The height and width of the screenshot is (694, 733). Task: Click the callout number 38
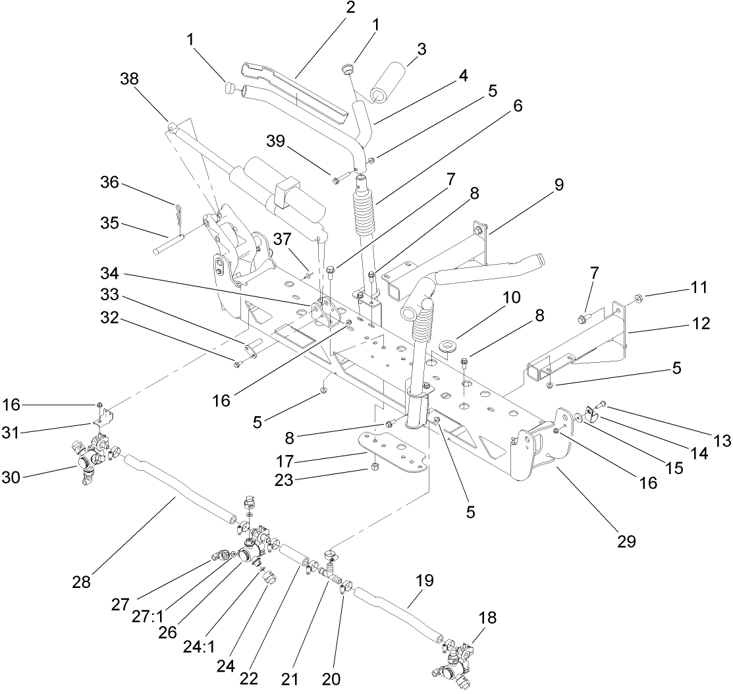click(130, 78)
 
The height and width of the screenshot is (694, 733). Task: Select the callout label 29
click(626, 541)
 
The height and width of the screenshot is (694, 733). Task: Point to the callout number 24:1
click(198, 647)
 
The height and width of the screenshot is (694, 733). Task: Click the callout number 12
click(700, 323)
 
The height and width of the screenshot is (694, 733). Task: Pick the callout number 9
click(559, 184)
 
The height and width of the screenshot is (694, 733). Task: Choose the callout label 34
click(109, 273)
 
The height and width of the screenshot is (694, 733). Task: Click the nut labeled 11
click(638, 297)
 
